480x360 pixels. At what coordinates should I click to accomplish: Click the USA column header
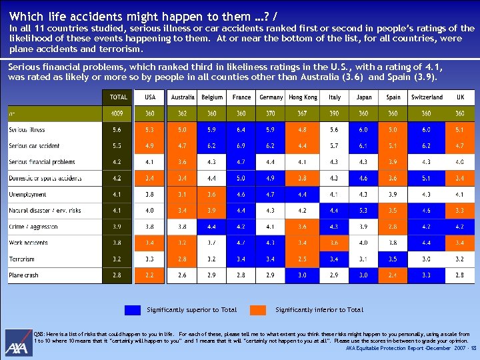pyautogui.click(x=150, y=97)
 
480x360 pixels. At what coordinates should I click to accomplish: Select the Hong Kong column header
pyautogui.click(x=303, y=97)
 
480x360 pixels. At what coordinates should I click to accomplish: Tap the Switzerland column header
pyautogui.click(x=427, y=97)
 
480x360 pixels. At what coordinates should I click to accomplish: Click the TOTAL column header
pyautogui.click(x=118, y=97)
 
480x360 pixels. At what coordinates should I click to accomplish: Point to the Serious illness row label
pyautogui.click(x=27, y=129)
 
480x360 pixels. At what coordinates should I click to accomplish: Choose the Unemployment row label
pyautogui.click(x=28, y=195)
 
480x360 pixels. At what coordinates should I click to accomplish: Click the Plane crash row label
pyautogui.click(x=24, y=275)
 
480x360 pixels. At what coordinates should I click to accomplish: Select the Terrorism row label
pyautogui.click(x=22, y=259)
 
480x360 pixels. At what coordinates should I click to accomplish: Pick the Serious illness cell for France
pyautogui.click(x=242, y=129)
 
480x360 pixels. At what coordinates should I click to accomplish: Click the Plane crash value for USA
pyautogui.click(x=150, y=275)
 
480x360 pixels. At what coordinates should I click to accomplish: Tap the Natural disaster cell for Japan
pyautogui.click(x=364, y=211)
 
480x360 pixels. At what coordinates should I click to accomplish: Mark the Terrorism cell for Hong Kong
pyautogui.click(x=303, y=259)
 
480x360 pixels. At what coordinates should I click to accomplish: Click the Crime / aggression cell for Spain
pyautogui.click(x=393, y=227)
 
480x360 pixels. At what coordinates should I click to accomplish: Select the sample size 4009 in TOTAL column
pyautogui.click(x=118, y=114)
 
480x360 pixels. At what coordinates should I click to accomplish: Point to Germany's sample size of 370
pyautogui.click(x=271, y=114)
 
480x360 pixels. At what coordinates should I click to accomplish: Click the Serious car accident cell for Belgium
pyautogui.click(x=212, y=146)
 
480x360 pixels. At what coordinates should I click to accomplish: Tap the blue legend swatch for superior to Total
pyautogui.click(x=133, y=310)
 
